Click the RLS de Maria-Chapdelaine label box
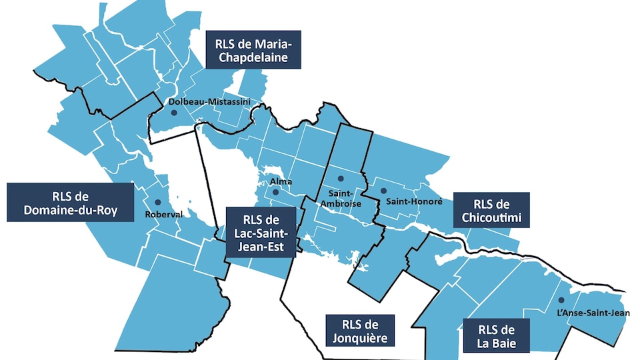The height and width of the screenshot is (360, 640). click(253, 50)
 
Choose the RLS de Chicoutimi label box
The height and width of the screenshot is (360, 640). click(491, 211)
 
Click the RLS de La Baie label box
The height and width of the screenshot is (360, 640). click(496, 336)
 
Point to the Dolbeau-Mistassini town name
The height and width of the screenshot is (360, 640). click(200, 101)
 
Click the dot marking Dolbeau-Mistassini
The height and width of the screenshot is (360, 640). click(174, 113)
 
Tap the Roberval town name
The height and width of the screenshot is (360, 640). click(163, 215)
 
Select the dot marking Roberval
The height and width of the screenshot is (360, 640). click(157, 202)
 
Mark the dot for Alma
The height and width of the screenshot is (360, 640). click(275, 193)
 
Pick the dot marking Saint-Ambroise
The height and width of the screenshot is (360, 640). click(339, 179)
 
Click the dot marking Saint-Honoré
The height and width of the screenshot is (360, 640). click(383, 191)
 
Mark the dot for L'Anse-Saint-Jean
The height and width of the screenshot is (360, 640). click(561, 300)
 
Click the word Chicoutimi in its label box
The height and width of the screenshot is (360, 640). click(491, 218)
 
